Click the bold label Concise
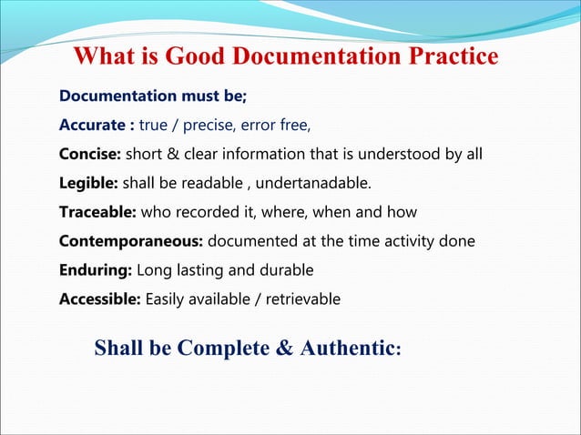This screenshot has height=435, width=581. tap(90, 153)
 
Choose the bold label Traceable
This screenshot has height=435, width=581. tap(97, 212)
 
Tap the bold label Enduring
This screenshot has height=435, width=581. tap(96, 271)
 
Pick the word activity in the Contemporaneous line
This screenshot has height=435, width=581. tap(406, 242)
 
